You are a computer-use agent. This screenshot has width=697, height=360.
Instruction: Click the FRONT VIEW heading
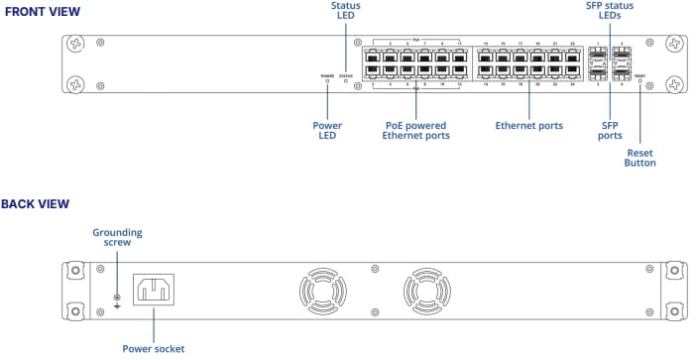click(x=42, y=11)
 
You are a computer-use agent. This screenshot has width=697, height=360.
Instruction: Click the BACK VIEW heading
click(x=36, y=204)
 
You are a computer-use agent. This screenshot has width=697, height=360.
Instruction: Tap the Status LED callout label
click(x=345, y=12)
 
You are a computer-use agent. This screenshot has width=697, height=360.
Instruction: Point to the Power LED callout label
click(x=327, y=131)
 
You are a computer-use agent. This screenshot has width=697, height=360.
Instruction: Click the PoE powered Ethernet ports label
click(x=416, y=131)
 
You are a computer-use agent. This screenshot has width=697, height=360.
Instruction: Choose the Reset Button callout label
click(x=640, y=158)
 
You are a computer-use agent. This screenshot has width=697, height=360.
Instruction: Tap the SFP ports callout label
click(x=611, y=131)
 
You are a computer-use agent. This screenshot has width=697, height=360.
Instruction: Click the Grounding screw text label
click(x=118, y=238)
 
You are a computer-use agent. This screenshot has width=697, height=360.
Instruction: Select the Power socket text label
click(x=154, y=348)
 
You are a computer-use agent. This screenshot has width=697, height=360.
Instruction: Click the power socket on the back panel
click(x=154, y=290)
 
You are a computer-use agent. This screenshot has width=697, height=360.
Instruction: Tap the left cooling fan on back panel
click(x=323, y=295)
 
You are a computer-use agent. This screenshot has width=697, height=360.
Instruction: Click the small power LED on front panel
click(x=327, y=81)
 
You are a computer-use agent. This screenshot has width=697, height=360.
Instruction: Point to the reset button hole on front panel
click(x=639, y=81)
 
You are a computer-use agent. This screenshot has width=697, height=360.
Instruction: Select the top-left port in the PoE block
click(x=374, y=56)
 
